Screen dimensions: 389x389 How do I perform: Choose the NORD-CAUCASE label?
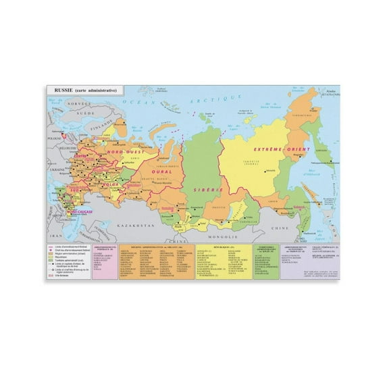(80, 211)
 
